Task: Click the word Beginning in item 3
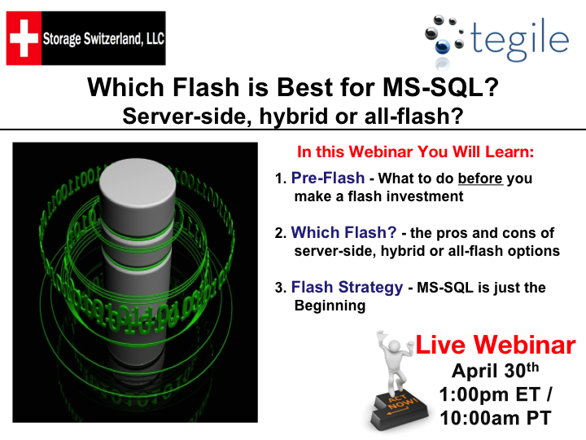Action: (330, 306)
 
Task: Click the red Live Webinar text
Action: (496, 345)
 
